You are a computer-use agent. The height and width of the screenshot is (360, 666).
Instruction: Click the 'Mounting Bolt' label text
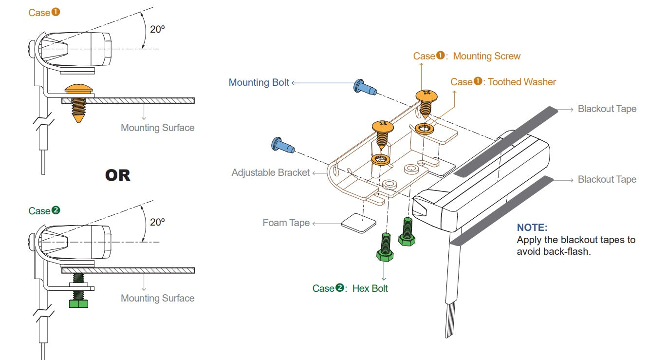(259, 82)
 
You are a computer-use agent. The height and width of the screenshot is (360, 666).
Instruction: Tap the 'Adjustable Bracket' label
(271, 172)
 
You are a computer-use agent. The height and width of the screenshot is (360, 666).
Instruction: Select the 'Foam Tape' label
(286, 223)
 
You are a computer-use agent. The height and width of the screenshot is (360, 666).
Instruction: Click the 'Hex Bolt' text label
(370, 288)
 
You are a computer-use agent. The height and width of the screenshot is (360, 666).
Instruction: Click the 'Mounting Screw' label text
(486, 56)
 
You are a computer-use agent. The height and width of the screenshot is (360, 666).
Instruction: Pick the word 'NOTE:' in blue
(532, 227)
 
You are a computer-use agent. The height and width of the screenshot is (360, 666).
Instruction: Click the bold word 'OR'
(118, 175)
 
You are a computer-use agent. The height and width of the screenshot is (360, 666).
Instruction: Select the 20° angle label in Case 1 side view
(157, 29)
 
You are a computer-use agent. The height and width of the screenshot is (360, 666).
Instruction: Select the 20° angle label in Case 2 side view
(157, 222)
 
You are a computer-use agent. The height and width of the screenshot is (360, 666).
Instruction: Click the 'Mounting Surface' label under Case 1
(157, 128)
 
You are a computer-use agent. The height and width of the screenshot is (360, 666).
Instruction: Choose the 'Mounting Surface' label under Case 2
(157, 298)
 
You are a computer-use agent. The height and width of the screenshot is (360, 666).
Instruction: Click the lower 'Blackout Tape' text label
(607, 179)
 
